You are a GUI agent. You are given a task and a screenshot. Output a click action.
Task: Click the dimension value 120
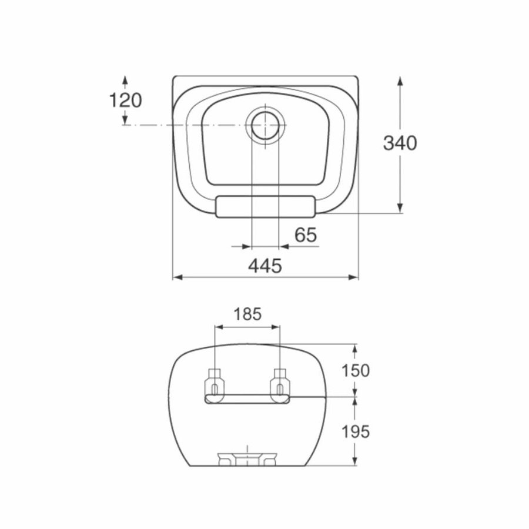click(x=126, y=100)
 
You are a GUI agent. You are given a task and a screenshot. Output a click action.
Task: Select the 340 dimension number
click(x=400, y=143)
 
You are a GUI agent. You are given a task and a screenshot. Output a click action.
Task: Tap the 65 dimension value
click(x=306, y=235)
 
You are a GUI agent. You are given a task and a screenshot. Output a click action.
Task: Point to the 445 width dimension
click(x=265, y=266)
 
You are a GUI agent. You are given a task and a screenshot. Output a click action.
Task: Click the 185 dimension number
click(x=247, y=314)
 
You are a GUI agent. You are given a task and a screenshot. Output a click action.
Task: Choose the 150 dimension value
click(x=356, y=370)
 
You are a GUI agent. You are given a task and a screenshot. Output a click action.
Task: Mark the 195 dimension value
click(x=356, y=431)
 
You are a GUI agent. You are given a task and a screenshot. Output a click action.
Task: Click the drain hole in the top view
click(x=265, y=125)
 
